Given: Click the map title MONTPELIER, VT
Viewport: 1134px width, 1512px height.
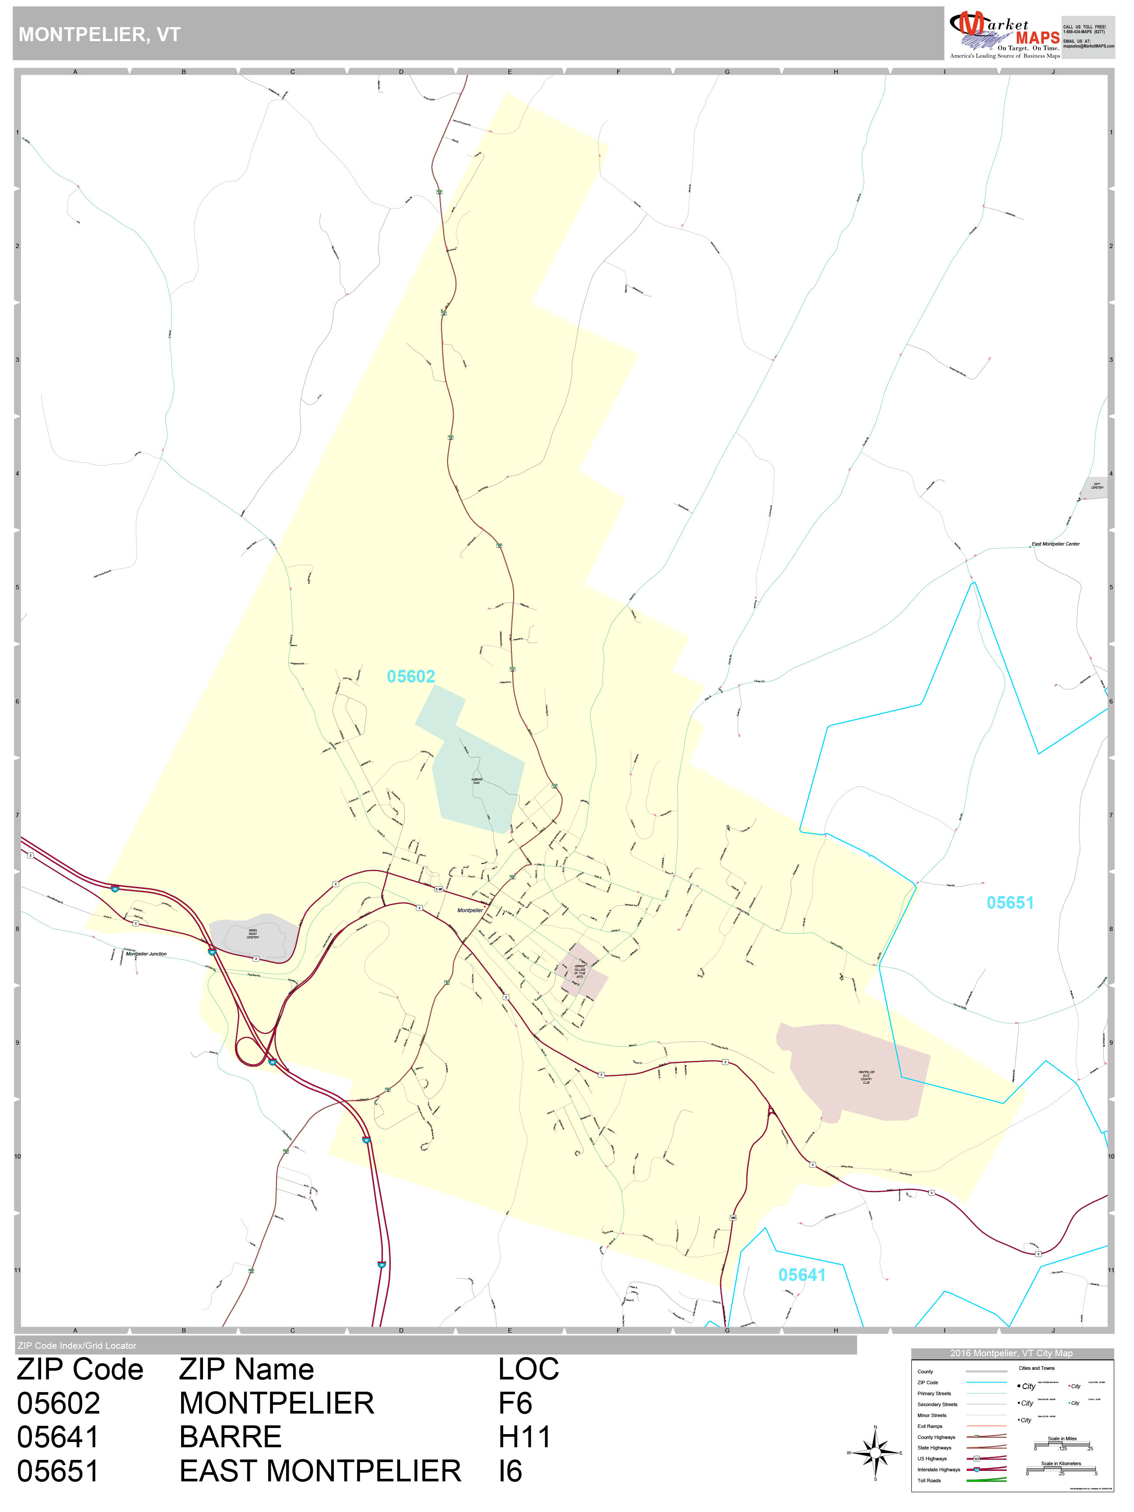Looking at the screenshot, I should (x=99, y=35).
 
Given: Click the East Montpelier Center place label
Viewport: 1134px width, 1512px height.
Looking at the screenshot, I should (x=1055, y=544).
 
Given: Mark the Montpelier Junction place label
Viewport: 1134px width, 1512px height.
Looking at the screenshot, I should (x=146, y=954).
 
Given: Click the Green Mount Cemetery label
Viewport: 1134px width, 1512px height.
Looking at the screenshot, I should (x=253, y=934).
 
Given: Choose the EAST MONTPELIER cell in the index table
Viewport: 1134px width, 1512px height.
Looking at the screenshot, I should (x=320, y=1471).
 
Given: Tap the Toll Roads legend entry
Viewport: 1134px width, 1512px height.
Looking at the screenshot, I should (x=929, y=1480).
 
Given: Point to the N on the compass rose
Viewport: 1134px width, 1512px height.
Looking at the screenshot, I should (x=875, y=1427).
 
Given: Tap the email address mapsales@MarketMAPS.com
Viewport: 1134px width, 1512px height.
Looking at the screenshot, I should (x=1088, y=46).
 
